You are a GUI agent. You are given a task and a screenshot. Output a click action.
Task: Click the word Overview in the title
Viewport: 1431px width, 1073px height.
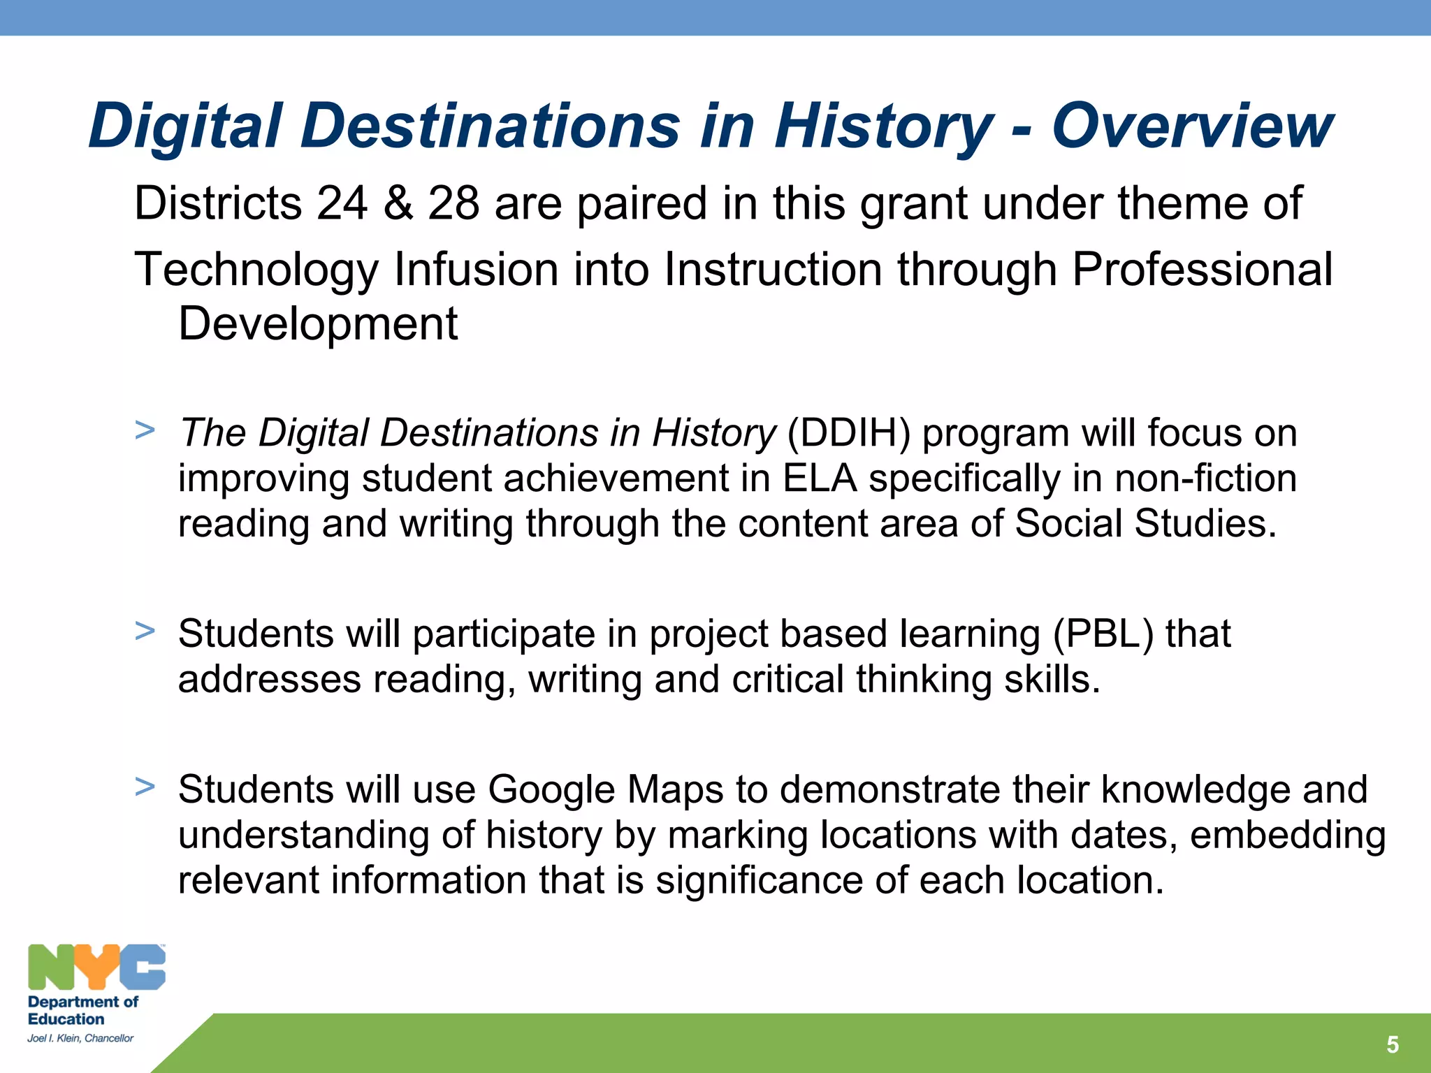pyautogui.click(x=1192, y=126)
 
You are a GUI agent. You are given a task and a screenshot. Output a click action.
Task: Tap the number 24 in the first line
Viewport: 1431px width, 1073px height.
pyautogui.click(x=342, y=203)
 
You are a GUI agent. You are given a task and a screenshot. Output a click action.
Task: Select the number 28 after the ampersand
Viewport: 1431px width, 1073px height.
pyautogui.click(x=453, y=203)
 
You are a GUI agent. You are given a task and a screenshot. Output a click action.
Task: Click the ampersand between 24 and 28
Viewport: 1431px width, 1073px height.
pyautogui.click(x=398, y=203)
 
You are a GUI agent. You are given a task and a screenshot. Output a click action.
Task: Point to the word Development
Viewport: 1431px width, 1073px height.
pyautogui.click(x=318, y=324)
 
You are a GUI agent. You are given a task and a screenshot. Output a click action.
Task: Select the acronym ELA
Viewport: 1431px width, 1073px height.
pyautogui.click(x=820, y=479)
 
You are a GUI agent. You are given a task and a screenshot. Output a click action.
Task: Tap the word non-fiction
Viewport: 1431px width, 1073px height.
pyautogui.click(x=1205, y=479)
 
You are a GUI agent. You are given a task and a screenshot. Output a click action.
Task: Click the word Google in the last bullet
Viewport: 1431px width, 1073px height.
pyautogui.click(x=551, y=790)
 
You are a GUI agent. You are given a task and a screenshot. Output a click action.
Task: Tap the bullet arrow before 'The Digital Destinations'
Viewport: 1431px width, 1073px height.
pyautogui.click(x=145, y=430)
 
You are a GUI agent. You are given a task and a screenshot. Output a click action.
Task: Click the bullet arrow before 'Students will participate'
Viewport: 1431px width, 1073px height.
pyautogui.click(x=145, y=631)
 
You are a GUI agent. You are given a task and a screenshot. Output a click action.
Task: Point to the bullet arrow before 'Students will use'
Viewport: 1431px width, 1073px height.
pyautogui.click(x=145, y=787)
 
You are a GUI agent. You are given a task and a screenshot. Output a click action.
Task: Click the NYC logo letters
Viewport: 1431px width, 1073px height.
pyautogui.click(x=96, y=968)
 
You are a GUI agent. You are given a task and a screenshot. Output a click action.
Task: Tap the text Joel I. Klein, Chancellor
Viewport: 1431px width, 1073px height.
pyautogui.click(x=80, y=1039)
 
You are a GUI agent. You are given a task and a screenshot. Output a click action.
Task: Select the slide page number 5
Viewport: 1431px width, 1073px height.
pyautogui.click(x=1392, y=1045)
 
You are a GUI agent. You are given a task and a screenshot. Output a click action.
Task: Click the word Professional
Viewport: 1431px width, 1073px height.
pyautogui.click(x=1202, y=270)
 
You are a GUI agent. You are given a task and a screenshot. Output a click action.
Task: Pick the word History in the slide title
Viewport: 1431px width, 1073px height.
pyautogui.click(x=883, y=126)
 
